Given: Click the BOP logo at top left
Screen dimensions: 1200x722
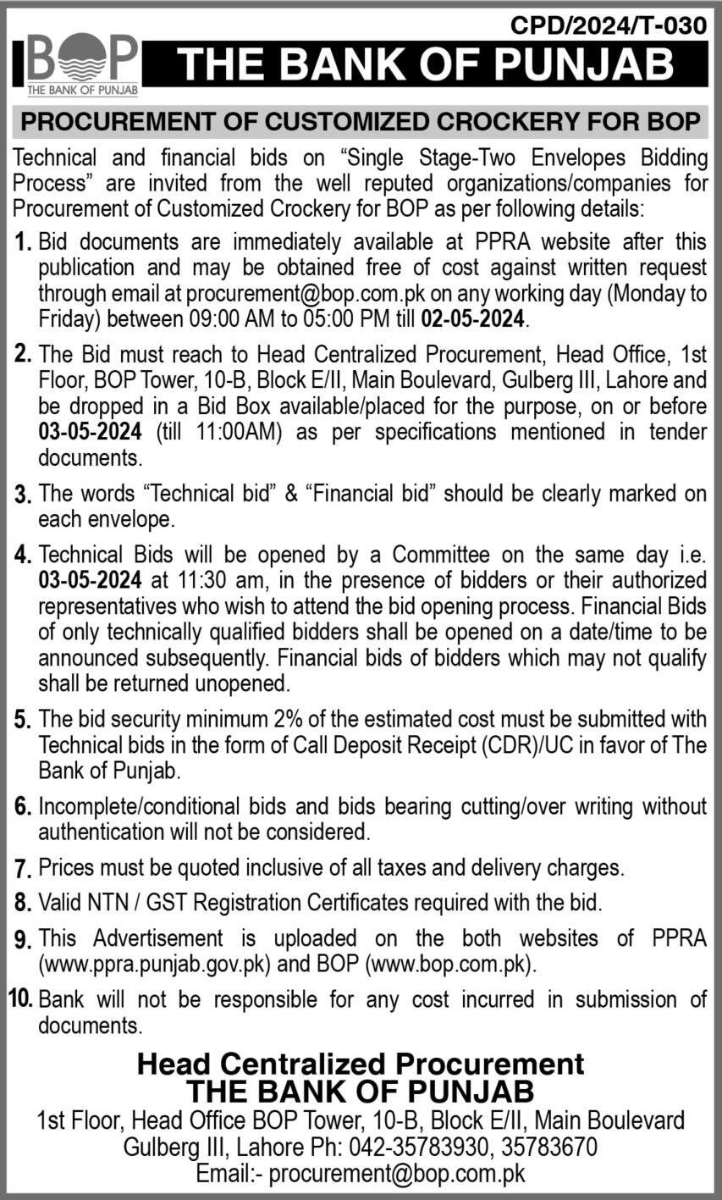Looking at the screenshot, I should pos(82,64).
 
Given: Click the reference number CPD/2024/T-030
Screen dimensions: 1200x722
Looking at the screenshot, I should pos(609,26).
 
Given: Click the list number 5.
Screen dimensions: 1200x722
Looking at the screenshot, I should pos(23,720).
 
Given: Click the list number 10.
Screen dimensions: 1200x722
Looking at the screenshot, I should pos(20,999).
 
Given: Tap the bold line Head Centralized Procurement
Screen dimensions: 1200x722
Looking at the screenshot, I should pos(361,1064).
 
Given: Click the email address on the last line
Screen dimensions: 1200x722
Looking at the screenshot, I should pos(397,1175).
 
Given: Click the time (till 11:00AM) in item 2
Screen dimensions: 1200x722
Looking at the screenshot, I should pos(220,432).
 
